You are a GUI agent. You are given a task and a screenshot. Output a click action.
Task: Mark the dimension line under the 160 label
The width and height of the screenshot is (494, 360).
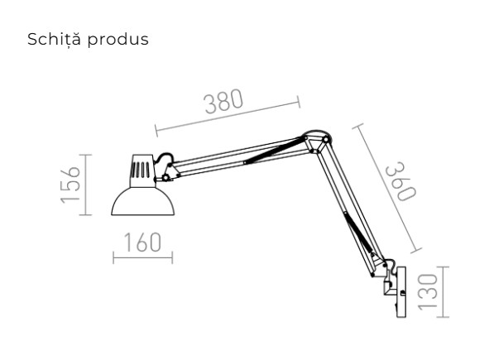click(142, 258)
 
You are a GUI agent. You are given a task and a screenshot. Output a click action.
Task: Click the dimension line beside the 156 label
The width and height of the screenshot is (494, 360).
click(88, 184)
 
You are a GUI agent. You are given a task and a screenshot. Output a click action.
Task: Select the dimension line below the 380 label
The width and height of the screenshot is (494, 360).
click(226, 117)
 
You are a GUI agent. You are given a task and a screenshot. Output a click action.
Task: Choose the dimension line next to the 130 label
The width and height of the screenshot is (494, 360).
click(444, 290)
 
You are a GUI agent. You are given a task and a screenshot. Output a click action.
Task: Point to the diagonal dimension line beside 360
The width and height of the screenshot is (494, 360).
click(387, 188)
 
